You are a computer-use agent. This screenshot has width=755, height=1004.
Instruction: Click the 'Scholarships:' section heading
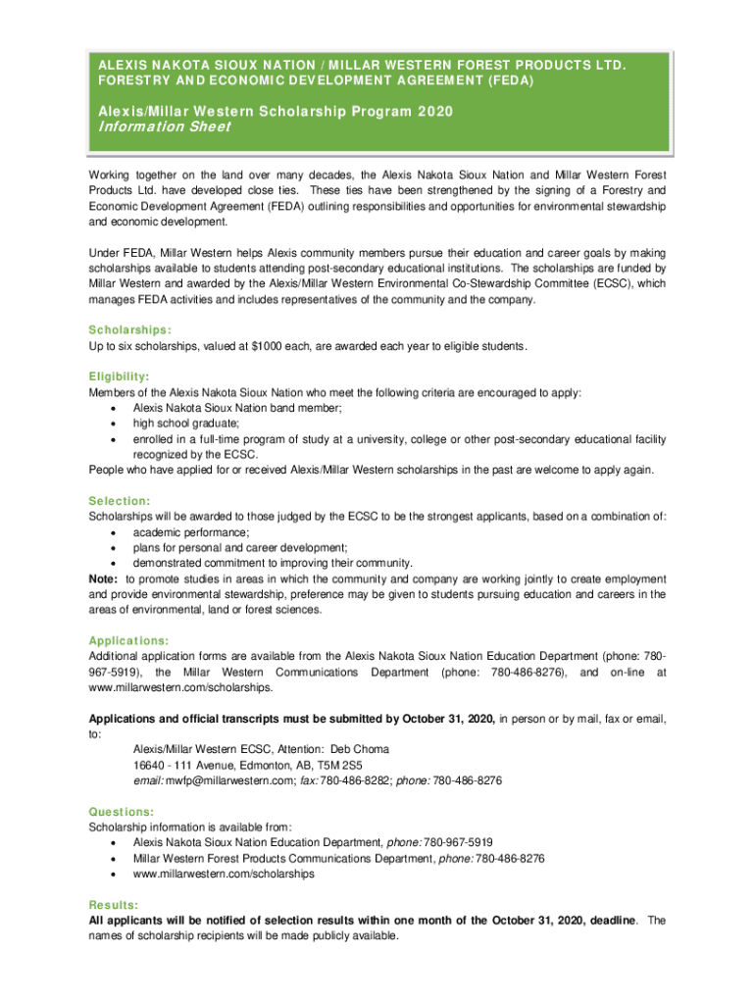tap(130, 330)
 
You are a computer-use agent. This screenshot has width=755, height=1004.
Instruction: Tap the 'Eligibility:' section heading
tap(120, 376)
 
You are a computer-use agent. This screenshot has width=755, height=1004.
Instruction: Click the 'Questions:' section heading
tap(122, 812)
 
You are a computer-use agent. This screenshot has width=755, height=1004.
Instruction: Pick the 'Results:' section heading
tap(113, 904)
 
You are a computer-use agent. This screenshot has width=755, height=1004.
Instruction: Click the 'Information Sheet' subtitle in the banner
tap(165, 127)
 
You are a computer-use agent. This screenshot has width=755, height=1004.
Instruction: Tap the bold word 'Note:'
tap(104, 578)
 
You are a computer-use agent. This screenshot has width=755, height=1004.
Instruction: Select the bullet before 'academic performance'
tap(117, 531)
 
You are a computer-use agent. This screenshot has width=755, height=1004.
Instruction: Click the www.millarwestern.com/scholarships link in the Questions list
tap(224, 874)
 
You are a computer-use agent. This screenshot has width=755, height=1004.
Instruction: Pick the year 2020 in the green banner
tap(434, 112)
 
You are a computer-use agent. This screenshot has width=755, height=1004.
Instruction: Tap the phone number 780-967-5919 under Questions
tap(459, 842)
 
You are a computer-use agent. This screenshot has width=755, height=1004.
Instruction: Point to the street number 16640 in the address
tap(150, 765)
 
